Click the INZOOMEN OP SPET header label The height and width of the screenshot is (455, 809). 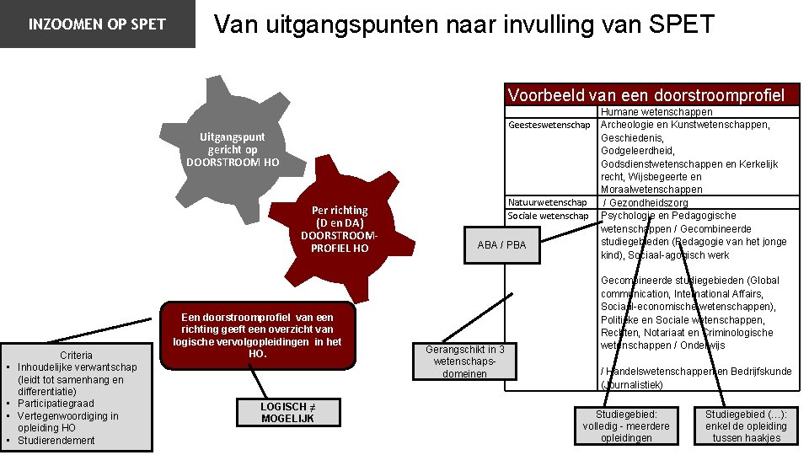pos(97,24)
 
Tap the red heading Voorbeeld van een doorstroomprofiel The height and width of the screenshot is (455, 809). pos(651,94)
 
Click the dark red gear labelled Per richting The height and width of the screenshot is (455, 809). pos(339,227)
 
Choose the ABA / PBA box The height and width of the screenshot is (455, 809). pos(501,245)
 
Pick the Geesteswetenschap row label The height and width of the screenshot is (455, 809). pos(549,126)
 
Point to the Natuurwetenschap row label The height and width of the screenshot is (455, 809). pos(548,202)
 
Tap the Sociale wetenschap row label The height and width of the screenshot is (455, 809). pos(548,216)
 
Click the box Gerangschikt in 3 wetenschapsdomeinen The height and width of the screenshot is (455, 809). pos(465,361)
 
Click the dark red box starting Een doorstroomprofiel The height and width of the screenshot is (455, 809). pos(257,335)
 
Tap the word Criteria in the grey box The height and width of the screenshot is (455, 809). pos(76,355)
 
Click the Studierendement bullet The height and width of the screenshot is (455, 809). pos(56,440)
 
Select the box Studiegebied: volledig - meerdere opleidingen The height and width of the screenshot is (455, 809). pos(626,426)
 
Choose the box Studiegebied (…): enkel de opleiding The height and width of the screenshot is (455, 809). pos(746,426)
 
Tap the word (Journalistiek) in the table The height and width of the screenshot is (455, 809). pos(632,384)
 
